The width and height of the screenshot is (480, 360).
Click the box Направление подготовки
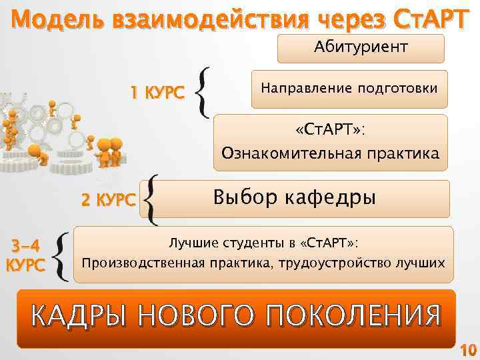point(349,89)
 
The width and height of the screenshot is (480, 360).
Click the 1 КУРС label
point(157,94)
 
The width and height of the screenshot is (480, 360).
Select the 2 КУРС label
point(108,199)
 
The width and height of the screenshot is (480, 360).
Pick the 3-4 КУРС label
point(26,254)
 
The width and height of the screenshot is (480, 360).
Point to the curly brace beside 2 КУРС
point(151,199)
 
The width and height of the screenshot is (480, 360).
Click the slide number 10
point(468,349)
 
